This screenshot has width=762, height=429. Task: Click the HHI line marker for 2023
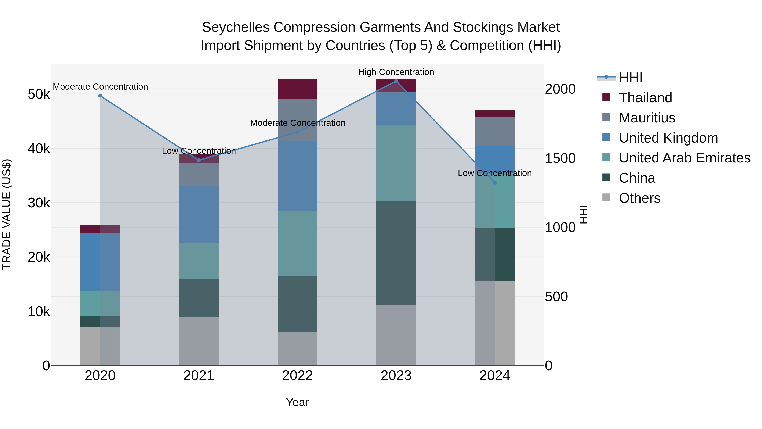pyautogui.click(x=396, y=81)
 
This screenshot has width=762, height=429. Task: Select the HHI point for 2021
pyautogui.click(x=199, y=160)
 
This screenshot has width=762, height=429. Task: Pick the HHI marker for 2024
pyautogui.click(x=495, y=183)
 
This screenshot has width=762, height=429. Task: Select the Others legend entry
pyautogui.click(x=639, y=198)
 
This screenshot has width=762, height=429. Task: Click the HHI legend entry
pyautogui.click(x=630, y=78)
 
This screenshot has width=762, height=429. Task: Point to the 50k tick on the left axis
pyautogui.click(x=39, y=94)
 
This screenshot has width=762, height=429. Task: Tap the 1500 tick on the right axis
pyautogui.click(x=560, y=158)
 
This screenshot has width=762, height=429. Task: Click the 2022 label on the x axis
pyautogui.click(x=297, y=376)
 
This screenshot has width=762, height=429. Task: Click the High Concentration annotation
pyautogui.click(x=396, y=72)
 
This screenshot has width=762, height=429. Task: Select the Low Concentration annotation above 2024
pyautogui.click(x=495, y=173)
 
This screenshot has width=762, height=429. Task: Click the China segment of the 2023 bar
pyautogui.click(x=396, y=253)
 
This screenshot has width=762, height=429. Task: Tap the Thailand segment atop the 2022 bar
pyautogui.click(x=297, y=89)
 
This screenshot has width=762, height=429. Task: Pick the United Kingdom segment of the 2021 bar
pyautogui.click(x=199, y=215)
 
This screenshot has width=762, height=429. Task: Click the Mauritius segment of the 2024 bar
pyautogui.click(x=495, y=131)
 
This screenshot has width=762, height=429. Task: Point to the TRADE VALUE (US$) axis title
pyautogui.click(x=7, y=214)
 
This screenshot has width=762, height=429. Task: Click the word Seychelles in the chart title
pyautogui.click(x=235, y=27)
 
